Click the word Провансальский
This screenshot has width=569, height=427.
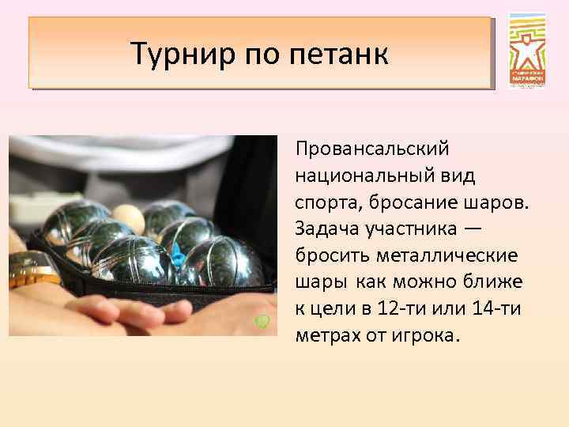coord(371,148)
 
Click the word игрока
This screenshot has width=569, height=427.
coord(428,336)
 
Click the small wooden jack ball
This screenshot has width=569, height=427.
coord(130,218)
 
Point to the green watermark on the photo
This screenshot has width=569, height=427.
coord(264,321)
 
